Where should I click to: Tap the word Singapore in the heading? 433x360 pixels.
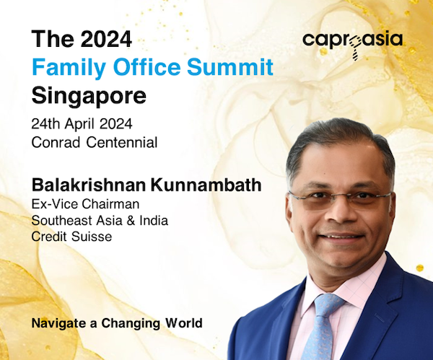pos(89,96)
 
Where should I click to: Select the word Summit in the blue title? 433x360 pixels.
pos(230,67)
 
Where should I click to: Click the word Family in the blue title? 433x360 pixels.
pos(69,68)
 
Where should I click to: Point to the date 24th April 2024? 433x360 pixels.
pos(82,124)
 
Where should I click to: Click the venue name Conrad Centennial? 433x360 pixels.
pos(95,142)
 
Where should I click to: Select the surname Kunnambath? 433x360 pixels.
pos(206,185)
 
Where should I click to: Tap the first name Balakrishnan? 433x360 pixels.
pos(89,185)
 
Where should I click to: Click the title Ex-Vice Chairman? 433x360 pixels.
pos(85,204)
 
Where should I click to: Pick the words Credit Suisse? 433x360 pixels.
pos(71,237)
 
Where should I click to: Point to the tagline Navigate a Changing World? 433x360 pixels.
pos(117,323)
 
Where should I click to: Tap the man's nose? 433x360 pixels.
pos(340,212)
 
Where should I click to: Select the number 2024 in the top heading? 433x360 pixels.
pos(106,39)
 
